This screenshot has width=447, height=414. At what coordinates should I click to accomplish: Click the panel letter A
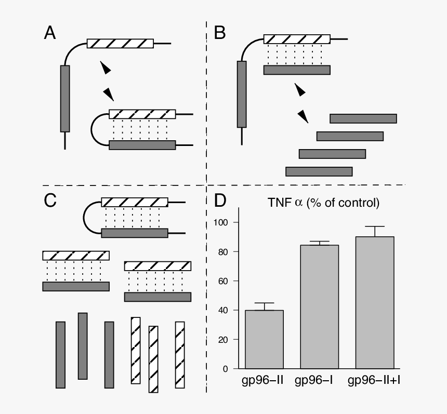[50, 34]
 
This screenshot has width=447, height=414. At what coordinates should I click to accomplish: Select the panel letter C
[50, 201]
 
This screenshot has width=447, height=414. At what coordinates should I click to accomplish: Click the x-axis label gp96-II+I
[375, 381]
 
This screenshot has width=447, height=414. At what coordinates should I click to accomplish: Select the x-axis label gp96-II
[262, 381]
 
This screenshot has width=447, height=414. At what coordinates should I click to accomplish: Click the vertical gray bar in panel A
[65, 98]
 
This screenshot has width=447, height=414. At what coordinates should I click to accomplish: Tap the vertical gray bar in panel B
[242, 94]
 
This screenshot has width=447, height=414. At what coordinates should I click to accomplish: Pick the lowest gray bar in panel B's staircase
[319, 171]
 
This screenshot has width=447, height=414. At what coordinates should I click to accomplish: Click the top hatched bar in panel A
[120, 44]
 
